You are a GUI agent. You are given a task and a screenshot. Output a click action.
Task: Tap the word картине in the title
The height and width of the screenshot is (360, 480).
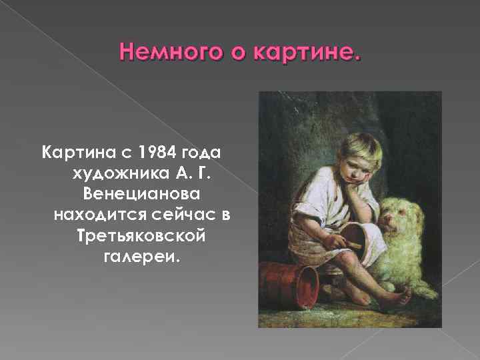tap(309, 51)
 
